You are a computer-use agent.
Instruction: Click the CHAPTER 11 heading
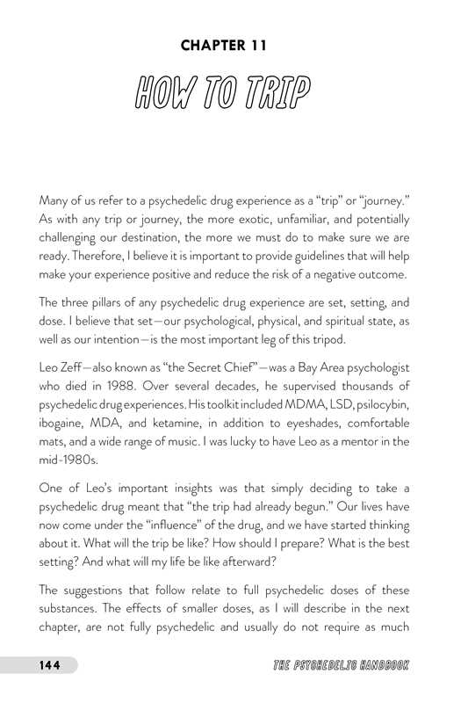coord(234,44)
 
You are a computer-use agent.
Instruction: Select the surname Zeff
coord(81,364)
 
